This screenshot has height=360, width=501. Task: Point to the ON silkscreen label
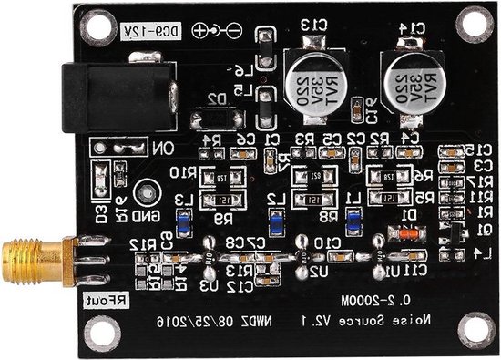tap(160, 147)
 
